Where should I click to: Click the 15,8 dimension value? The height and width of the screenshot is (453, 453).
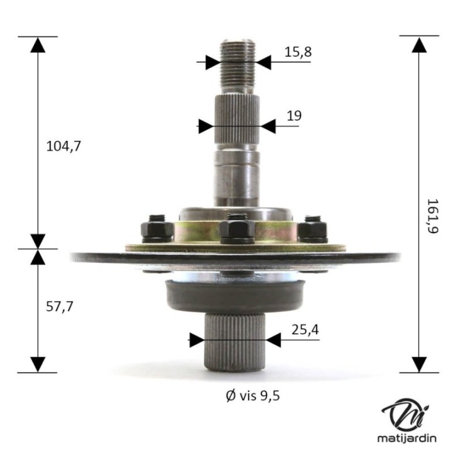tap(298, 52)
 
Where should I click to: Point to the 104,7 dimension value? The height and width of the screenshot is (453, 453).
tap(64, 146)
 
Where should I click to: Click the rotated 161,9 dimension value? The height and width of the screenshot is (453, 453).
tap(432, 216)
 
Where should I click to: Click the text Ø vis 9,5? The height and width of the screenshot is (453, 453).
tap(252, 395)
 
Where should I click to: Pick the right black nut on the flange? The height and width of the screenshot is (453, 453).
tap(312, 229)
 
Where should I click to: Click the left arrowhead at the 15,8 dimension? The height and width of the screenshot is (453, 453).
tap(211, 62)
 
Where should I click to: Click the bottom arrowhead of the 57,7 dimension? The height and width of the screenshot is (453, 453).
tap(38, 364)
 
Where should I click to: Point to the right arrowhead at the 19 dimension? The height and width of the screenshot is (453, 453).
tap(268, 126)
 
